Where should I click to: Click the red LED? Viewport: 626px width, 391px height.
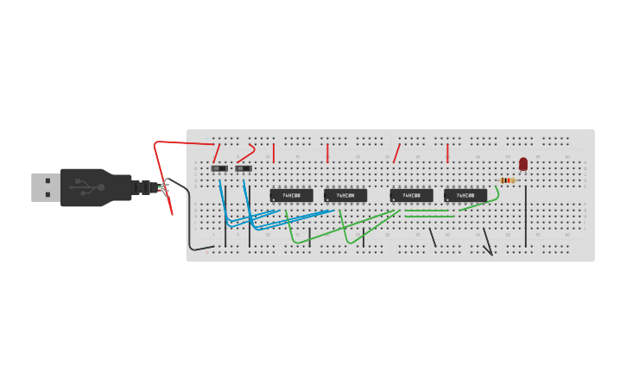pyautogui.click(x=523, y=163)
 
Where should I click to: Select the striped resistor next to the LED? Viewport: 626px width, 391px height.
pyautogui.click(x=508, y=180)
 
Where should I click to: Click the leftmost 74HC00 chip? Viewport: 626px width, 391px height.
pyautogui.click(x=291, y=196)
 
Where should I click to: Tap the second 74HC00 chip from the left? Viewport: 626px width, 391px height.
pyautogui.click(x=345, y=196)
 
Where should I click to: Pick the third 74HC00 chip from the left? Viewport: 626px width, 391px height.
pyautogui.click(x=411, y=196)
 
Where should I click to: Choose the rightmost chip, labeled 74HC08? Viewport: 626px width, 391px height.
pyautogui.click(x=465, y=196)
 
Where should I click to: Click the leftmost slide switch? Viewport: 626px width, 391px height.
pyautogui.click(x=219, y=168)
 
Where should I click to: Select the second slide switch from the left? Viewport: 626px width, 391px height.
pyautogui.click(x=243, y=168)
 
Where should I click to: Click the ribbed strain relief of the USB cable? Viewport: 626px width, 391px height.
pyautogui.click(x=142, y=187)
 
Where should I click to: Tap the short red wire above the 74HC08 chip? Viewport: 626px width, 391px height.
pyautogui.click(x=447, y=153)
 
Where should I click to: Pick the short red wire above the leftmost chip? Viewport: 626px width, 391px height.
pyautogui.click(x=274, y=153)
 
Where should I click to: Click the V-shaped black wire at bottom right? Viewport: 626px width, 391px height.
pyautogui.click(x=489, y=243)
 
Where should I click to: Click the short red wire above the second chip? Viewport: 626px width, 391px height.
pyautogui.click(x=327, y=153)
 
